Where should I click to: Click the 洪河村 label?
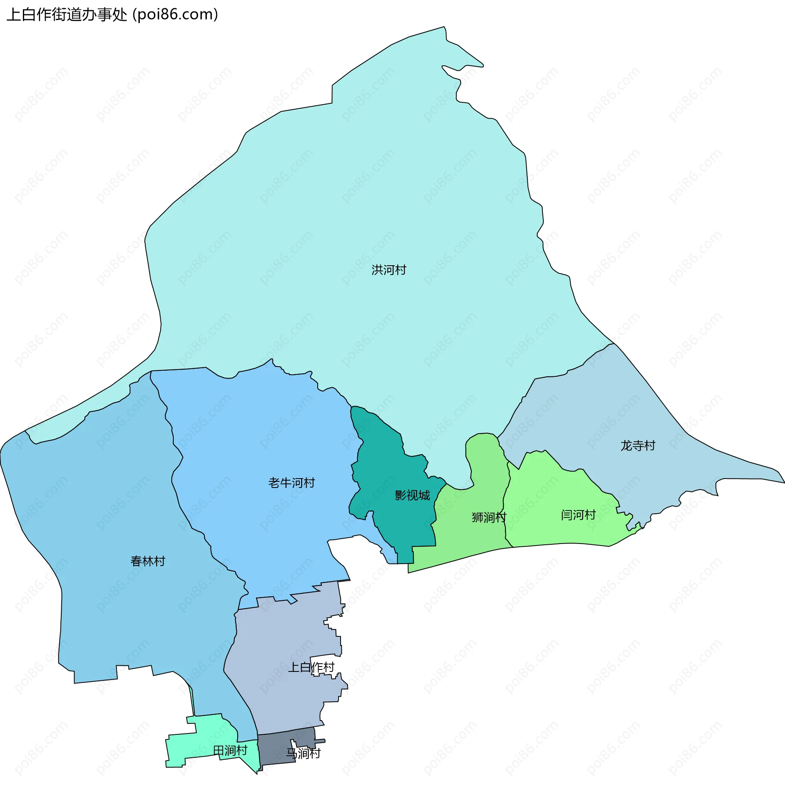(389, 270)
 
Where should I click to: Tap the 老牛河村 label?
(292, 483)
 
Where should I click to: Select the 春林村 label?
(148, 561)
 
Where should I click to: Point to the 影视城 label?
(412, 495)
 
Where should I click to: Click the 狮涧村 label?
(489, 517)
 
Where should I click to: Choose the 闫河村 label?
(578, 515)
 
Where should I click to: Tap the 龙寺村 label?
(638, 445)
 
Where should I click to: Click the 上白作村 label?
(311, 667)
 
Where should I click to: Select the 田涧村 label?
(230, 750)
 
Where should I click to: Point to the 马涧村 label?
(303, 753)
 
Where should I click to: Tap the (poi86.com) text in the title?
(175, 15)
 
